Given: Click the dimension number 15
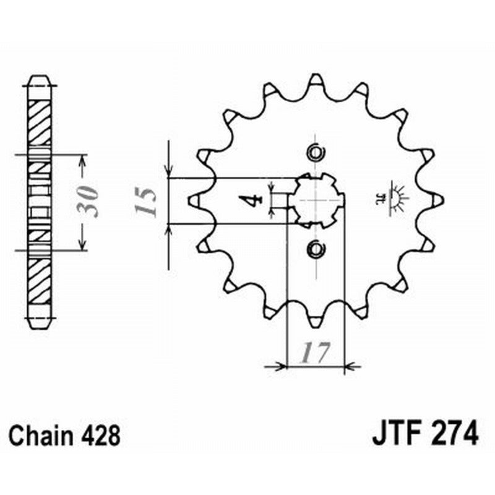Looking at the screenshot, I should tap(146, 201).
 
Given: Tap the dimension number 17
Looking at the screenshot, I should tap(314, 353).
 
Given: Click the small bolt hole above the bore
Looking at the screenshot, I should tap(316, 152).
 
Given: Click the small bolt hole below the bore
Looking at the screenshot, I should tap(316, 249).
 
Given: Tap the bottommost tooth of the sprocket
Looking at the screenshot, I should tap(316, 321).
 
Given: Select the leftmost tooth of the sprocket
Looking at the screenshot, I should tap(194, 200).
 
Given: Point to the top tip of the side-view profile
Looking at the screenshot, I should tap(41, 79).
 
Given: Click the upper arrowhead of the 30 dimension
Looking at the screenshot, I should tap(83, 160).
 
